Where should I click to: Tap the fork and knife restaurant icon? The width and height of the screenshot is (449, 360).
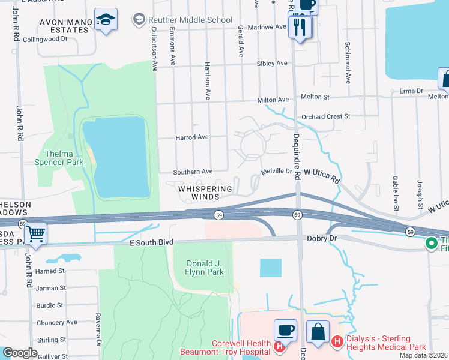point(298,27)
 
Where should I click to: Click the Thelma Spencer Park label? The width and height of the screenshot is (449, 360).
point(64,158)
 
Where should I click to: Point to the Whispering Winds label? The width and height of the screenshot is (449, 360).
point(205,192)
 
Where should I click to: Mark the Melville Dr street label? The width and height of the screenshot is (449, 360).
point(276,172)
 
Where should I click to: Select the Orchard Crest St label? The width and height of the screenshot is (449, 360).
point(325,116)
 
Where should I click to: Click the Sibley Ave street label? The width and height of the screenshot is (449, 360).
point(272,63)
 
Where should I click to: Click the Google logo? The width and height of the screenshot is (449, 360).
point(20,353)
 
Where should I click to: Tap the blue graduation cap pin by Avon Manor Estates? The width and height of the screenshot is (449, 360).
point(106,20)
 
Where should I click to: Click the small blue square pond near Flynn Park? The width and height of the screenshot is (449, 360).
point(270,268)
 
